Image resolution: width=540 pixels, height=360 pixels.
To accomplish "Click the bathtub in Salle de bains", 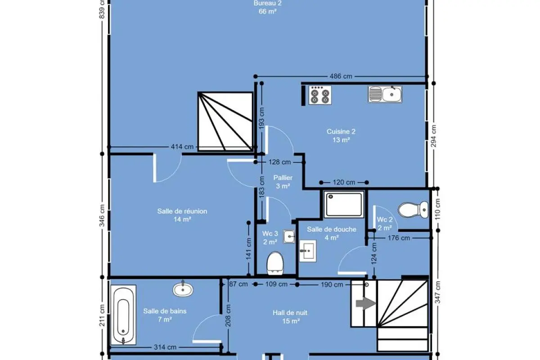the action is pos(123,315).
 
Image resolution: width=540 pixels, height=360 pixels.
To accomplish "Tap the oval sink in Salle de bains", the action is pos(183,289).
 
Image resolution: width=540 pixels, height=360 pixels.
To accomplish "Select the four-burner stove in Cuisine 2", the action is pos(320,95).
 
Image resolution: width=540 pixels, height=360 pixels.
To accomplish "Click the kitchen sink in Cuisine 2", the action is pos(385,94).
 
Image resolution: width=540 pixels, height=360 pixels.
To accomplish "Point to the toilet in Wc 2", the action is pos(413,210).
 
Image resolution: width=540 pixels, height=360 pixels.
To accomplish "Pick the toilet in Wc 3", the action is pos(275,263).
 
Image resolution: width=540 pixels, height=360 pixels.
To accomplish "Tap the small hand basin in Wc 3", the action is pos(289,236).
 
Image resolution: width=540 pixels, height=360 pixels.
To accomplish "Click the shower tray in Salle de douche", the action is pos(344,204).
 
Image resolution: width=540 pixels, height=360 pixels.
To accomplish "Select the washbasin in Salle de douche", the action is pos(308,251).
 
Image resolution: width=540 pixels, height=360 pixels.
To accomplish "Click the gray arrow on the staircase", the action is pos(366,303).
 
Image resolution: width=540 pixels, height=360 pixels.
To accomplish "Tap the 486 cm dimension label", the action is pos(341,76).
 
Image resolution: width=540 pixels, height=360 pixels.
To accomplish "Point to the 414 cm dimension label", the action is pos(182,147).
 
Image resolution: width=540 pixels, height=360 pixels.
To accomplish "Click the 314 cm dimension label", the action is pos(165,347).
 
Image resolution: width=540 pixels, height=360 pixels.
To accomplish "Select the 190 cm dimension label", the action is pos(332,284).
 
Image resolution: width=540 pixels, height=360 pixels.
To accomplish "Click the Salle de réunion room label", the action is pos(182,211).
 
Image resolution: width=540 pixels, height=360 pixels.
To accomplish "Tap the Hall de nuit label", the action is pos(290,313).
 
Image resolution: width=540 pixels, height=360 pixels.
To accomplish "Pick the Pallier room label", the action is pos(283,178).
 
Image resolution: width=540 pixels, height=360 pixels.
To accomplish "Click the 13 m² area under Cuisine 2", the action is pos(341,140).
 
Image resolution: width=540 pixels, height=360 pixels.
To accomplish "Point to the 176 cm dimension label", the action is pos(399,238).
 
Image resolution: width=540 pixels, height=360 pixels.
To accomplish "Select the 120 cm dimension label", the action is pos(344,182).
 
